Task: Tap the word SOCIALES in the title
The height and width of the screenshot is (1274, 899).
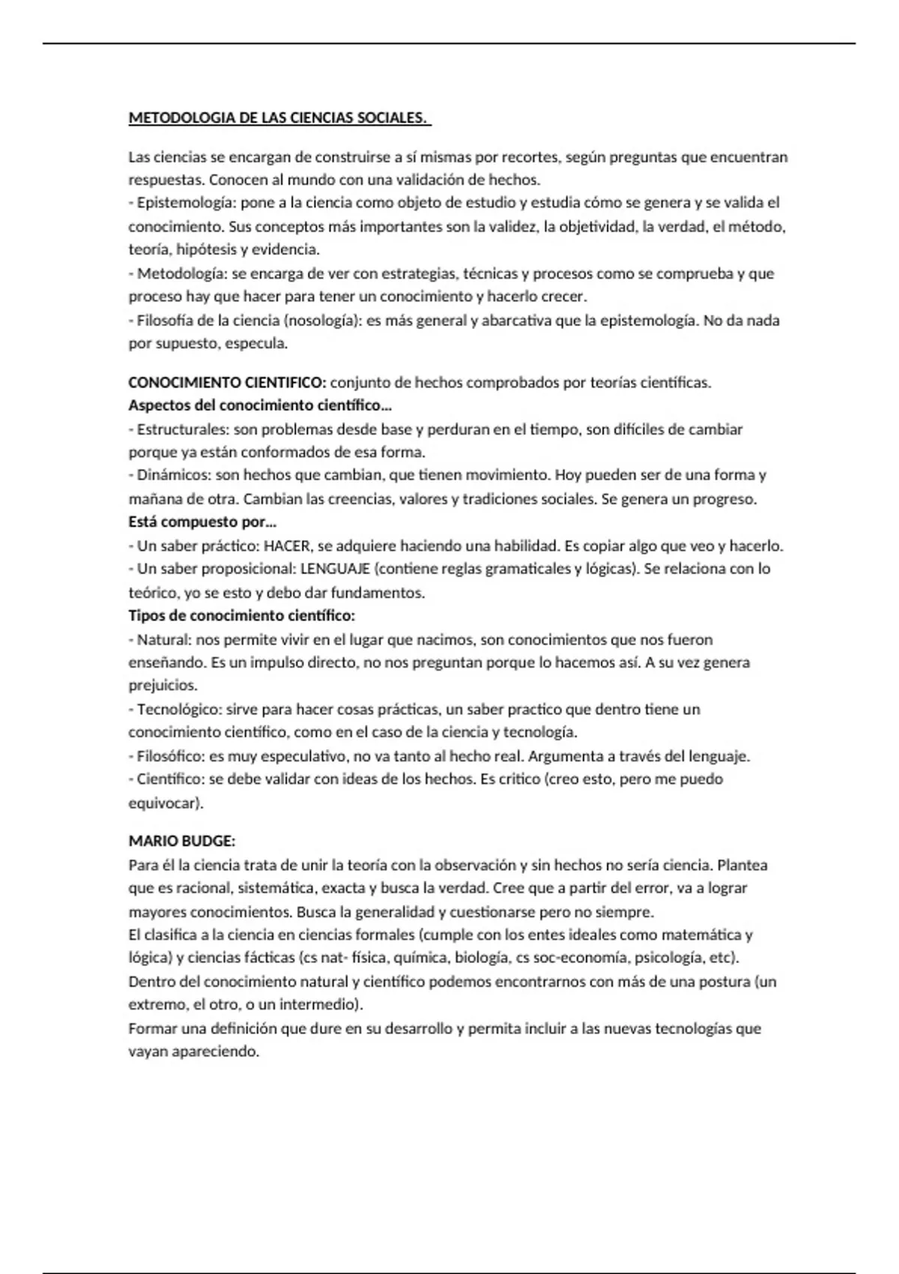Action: click(396, 118)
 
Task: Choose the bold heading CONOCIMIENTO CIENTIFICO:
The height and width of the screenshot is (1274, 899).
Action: click(227, 383)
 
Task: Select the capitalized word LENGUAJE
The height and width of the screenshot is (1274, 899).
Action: click(335, 569)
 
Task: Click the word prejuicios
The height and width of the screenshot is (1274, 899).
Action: click(163, 685)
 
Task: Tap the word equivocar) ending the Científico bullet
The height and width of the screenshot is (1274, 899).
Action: click(166, 803)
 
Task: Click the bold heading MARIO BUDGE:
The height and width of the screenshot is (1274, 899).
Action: click(182, 842)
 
